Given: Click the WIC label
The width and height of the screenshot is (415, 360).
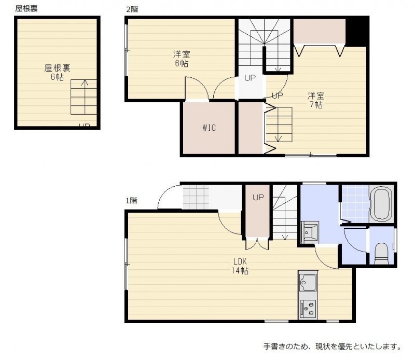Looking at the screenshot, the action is pos(209,128).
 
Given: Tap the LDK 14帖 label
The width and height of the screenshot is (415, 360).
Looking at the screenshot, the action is pos(240,266).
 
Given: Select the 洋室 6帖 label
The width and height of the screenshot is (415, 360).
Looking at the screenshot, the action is pos(182,59).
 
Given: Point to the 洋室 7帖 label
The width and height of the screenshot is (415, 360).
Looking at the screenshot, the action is pos(316,100).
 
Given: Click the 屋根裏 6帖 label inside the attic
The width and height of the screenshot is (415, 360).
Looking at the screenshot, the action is pos(57,72).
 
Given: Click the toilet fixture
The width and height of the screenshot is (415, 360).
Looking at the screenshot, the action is pos(381,254).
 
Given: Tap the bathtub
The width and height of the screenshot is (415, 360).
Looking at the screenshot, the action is pos(381,203).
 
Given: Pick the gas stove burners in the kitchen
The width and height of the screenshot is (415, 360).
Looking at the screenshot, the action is pos(308,309).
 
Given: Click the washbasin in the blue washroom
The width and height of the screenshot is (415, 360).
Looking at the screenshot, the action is pos(310,232).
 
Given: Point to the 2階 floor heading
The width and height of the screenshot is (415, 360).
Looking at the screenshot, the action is pos(132,9).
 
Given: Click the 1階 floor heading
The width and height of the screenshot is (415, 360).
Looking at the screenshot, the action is pos(131,201).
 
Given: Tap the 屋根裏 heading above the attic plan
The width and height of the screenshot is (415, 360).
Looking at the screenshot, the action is pos(26,8).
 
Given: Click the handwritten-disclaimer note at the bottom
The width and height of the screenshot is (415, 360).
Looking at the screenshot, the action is pos(333,346).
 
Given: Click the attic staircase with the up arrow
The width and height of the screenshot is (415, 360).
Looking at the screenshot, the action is pos(84,97).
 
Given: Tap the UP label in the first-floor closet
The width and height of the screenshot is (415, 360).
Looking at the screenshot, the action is pos(258,197).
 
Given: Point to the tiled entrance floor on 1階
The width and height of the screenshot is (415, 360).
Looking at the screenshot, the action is pos(196,197).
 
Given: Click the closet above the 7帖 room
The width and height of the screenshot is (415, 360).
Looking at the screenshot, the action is pos(319,31).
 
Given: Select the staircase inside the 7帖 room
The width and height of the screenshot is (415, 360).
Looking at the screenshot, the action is pos(279,124).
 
